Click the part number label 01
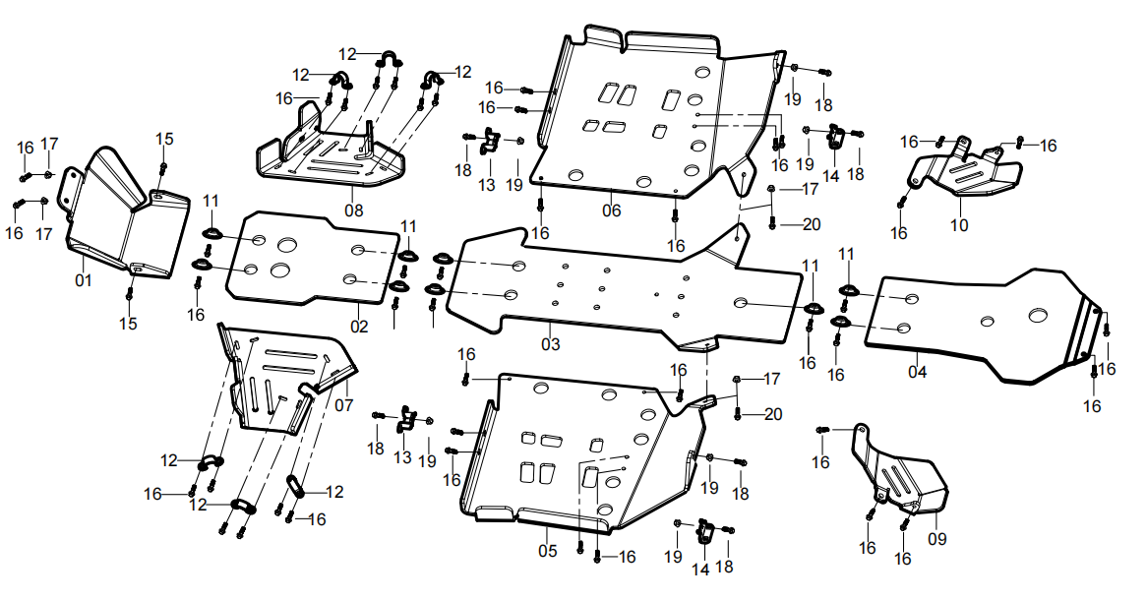(83, 280)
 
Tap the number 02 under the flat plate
(359, 326)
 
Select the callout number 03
(550, 344)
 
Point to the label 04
(917, 372)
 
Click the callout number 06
(612, 210)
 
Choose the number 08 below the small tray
(354, 210)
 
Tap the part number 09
(936, 538)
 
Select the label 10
(959, 225)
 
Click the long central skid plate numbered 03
(630, 295)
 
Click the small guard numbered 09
(900, 477)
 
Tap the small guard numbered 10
(964, 177)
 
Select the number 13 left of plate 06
(486, 185)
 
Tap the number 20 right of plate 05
(773, 414)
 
